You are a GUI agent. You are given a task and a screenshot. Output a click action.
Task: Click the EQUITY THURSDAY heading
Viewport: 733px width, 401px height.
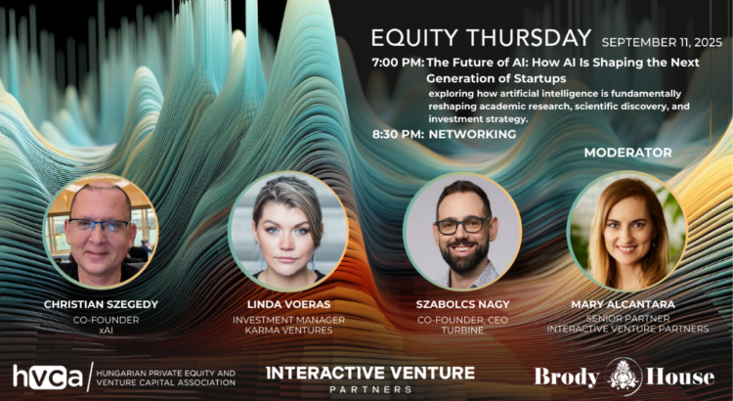pos(481,38)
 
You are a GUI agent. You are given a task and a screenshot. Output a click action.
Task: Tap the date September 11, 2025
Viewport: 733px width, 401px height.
pos(662,43)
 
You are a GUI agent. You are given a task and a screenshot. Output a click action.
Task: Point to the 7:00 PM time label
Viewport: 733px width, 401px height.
pos(398,63)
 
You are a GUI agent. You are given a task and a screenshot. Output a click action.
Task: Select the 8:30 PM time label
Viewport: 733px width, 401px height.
pos(398,134)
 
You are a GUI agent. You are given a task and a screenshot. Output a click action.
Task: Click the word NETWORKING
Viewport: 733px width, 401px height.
pos(473,134)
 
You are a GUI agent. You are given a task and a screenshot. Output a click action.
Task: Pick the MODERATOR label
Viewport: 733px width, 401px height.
pos(627,153)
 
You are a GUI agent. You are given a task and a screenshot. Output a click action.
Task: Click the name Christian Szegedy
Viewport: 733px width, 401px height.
pos(101,304)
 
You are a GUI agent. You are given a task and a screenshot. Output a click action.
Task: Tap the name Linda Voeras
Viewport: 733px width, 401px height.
pos(289,304)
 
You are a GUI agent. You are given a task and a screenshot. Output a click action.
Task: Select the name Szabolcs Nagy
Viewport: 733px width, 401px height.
pos(463,304)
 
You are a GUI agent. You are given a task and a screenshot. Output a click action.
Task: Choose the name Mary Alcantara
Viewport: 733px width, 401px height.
pos(624,304)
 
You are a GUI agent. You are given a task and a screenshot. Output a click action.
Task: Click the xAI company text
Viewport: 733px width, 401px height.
pos(107,331)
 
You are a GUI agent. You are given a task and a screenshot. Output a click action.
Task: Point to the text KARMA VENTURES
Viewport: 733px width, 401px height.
pos(288,331)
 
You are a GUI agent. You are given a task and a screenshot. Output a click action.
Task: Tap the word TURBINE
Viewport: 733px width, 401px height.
pos(462,331)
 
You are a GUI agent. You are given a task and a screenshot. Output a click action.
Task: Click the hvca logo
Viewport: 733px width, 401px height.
pos(48,377)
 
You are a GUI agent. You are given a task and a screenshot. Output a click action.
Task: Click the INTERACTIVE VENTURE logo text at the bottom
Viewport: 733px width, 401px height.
pos(370,373)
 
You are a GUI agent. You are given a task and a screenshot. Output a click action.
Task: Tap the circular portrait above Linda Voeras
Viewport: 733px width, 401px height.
pos(288,231)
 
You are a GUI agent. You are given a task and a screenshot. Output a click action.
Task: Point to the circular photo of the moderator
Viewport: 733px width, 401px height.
pos(626,231)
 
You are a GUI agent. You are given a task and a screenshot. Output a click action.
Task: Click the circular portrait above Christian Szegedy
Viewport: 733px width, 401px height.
pos(101,231)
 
